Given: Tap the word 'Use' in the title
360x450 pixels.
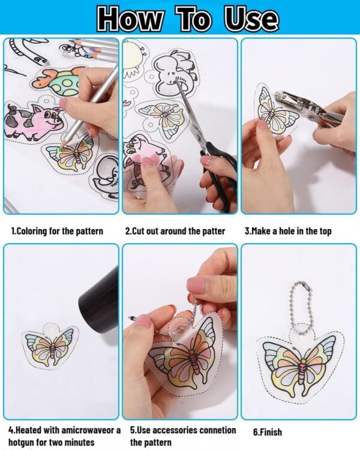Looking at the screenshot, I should click(x=251, y=19).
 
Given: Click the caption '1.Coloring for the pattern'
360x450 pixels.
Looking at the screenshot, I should click(x=57, y=231).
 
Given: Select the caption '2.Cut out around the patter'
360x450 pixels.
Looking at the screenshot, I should click(x=175, y=231).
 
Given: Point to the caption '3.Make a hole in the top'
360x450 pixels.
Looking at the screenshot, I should click(x=287, y=231).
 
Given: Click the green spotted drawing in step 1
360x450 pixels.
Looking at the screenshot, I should click(x=61, y=82).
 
